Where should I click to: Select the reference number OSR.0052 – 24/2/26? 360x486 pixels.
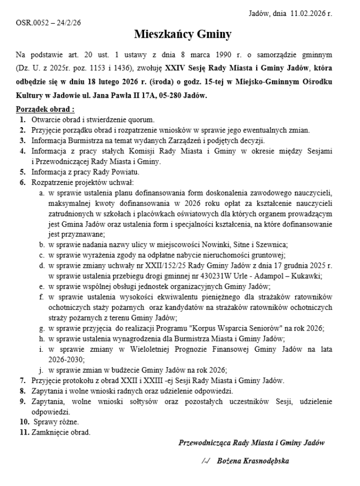tap(48, 23)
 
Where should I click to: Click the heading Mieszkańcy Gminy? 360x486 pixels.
tap(183, 35)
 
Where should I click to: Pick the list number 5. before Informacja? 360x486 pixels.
tap(23, 172)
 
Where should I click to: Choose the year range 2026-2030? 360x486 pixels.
tap(67, 359)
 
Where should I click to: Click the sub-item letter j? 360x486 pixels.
tap(41, 370)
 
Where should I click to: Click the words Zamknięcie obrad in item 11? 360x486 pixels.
tap(61, 432)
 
